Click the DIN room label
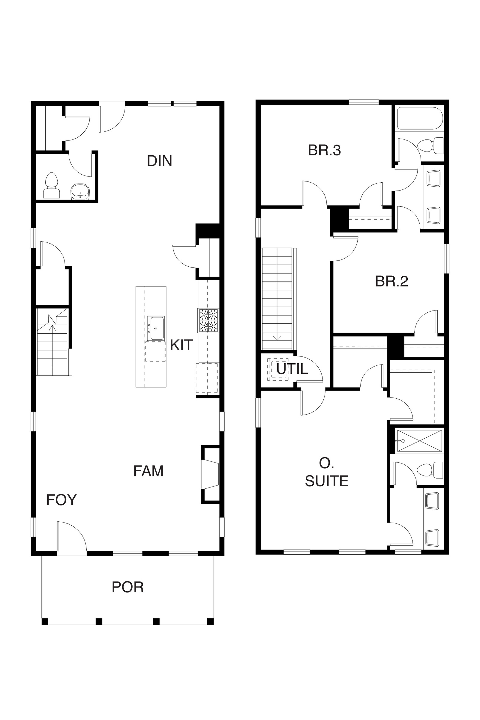(160, 161)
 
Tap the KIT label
(181, 345)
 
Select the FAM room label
(148, 471)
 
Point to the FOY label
(61, 500)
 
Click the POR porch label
(128, 587)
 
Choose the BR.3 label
(325, 150)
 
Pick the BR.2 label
(391, 281)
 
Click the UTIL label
(292, 369)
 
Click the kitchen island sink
(156, 328)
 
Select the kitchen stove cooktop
(208, 320)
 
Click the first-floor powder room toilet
(51, 185)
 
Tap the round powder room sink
(80, 192)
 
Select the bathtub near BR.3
(420, 118)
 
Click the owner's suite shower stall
(419, 441)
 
